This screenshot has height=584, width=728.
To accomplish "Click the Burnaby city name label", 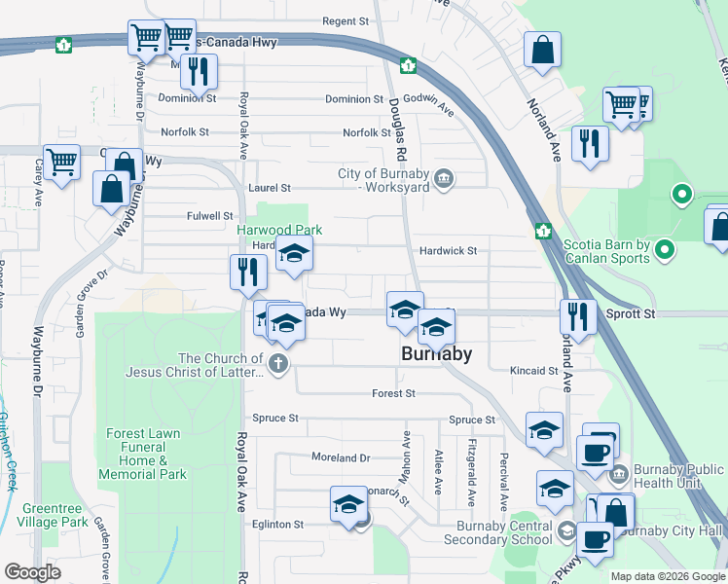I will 436,354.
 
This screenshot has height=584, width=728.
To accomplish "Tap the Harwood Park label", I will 279,231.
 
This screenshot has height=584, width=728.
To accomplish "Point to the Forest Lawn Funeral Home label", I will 145,454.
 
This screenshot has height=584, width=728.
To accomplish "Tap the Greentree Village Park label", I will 55,515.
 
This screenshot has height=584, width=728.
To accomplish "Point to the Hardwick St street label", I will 448,250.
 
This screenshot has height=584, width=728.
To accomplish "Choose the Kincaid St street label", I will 534,371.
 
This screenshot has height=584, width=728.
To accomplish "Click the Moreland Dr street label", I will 341,457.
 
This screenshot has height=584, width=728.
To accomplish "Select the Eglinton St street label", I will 278,524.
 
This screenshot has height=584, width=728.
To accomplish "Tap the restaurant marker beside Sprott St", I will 578,317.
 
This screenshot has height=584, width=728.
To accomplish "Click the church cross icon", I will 278,365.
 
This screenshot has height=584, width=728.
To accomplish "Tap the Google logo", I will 32,572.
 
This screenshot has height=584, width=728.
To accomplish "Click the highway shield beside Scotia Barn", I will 542,231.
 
